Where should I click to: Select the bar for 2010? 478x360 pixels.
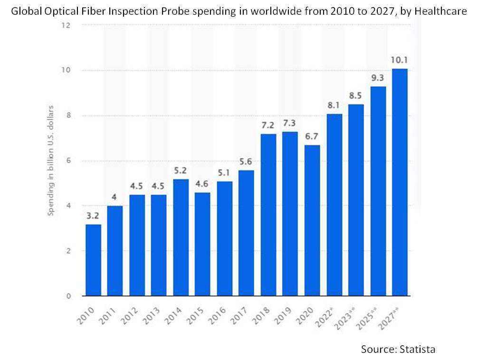tap(93, 260)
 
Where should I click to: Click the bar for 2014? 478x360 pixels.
tap(181, 237)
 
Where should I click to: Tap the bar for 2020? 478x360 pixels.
tap(312, 220)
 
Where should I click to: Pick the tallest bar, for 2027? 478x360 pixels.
tap(400, 182)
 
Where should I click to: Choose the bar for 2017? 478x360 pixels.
tap(246, 233)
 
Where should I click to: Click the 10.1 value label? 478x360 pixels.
tap(400, 60)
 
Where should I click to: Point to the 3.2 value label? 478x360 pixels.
tap(93, 216)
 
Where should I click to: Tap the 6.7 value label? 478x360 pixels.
tap(312, 136)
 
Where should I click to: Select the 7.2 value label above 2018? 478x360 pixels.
tap(268, 125)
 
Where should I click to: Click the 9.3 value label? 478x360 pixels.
tap(378, 78)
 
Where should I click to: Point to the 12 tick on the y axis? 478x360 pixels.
tap(66, 25)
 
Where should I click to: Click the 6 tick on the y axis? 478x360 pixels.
tap(68, 161)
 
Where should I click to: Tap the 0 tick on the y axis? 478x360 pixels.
tap(68, 296)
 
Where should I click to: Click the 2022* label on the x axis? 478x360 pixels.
tap(331, 314)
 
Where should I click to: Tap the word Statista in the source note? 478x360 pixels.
tap(417, 349)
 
